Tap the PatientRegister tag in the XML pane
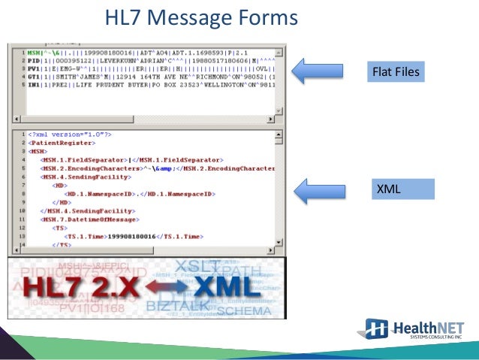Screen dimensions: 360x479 56,143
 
